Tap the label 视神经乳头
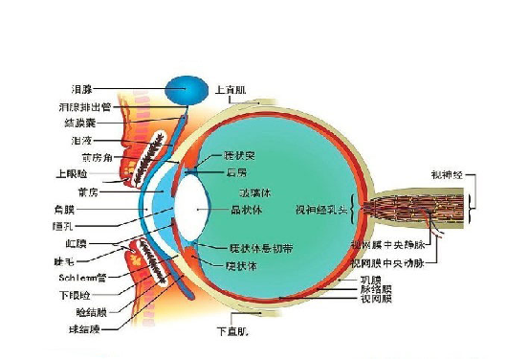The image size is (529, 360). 320,208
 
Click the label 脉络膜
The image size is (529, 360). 374,288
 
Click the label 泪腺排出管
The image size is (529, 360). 87,106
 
